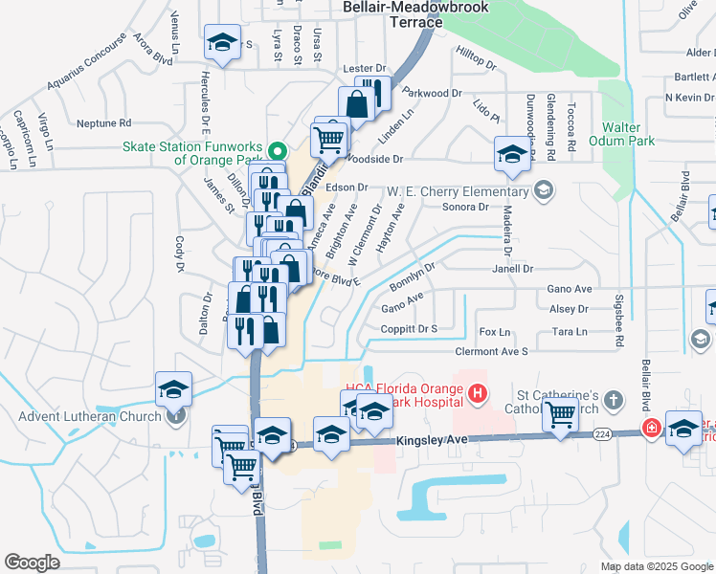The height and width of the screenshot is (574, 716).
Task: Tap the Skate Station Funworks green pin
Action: (278, 150)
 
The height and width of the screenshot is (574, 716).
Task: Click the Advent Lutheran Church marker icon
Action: (175, 414)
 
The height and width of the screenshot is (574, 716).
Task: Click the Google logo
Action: (32, 563)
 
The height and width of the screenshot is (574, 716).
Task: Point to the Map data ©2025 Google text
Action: (657, 566)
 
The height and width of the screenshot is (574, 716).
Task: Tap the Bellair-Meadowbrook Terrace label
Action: (415, 12)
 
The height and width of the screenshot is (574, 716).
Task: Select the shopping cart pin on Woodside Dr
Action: (329, 139)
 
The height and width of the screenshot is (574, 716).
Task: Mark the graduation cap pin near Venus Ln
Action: (223, 43)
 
